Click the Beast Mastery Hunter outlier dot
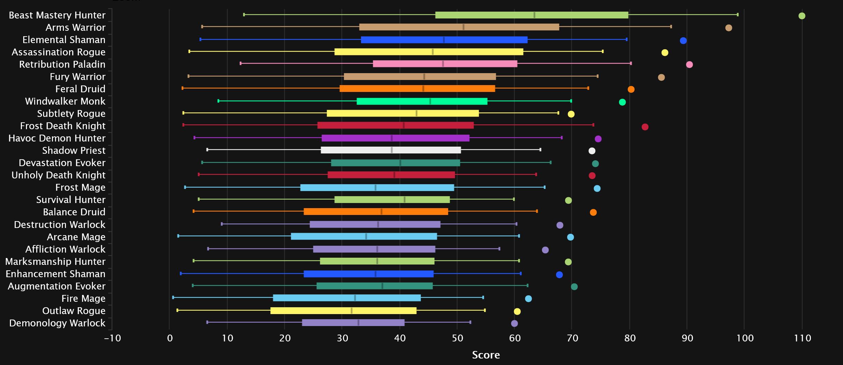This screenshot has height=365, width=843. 802,16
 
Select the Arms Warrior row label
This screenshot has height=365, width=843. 76,27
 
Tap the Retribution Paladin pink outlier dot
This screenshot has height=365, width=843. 689,65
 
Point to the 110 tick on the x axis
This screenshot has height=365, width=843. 802,338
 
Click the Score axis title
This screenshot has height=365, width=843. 486,355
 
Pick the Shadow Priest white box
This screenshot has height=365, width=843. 391,150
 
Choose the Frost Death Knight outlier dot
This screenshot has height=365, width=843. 645,127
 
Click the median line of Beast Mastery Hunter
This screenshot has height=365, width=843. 534,15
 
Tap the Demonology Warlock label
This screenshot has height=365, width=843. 57,323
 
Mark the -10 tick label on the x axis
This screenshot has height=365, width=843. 112,338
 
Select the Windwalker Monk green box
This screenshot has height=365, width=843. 422,101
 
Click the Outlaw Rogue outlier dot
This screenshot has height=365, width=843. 517,311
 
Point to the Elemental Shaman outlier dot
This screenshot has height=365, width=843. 683,41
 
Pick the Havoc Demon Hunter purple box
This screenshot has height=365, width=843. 395,138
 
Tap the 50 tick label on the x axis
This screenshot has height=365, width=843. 457,338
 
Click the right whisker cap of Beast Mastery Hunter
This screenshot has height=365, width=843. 737,15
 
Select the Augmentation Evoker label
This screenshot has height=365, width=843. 56,286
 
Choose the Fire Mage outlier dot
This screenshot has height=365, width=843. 528,299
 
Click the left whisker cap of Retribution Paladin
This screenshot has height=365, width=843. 241,63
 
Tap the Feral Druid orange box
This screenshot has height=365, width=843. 417,89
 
